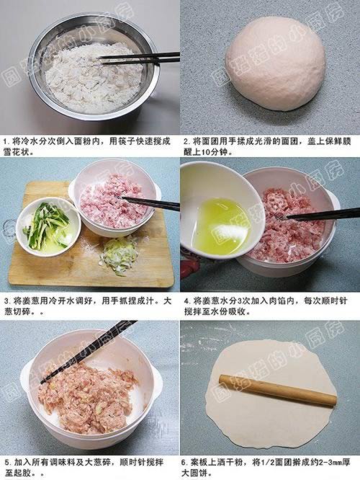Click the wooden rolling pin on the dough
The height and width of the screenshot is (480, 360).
(x=277, y=390)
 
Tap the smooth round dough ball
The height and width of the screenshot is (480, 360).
(x=275, y=63)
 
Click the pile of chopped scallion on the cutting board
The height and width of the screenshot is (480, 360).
(x=119, y=256)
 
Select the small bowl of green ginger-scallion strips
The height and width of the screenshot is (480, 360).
(x=48, y=226)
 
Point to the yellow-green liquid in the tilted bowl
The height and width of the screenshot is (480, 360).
(x=222, y=226)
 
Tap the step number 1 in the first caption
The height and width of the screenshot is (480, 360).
(x=6, y=142)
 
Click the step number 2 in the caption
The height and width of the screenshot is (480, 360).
(x=186, y=142)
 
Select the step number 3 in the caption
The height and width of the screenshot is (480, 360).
(x=6, y=301)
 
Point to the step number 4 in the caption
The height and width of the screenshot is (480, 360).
(x=186, y=301)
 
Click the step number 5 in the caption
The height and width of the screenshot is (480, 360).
(x=6, y=462)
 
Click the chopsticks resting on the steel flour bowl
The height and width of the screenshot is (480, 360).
(x=139, y=58)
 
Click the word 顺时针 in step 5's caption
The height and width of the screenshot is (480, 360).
(x=132, y=462)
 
